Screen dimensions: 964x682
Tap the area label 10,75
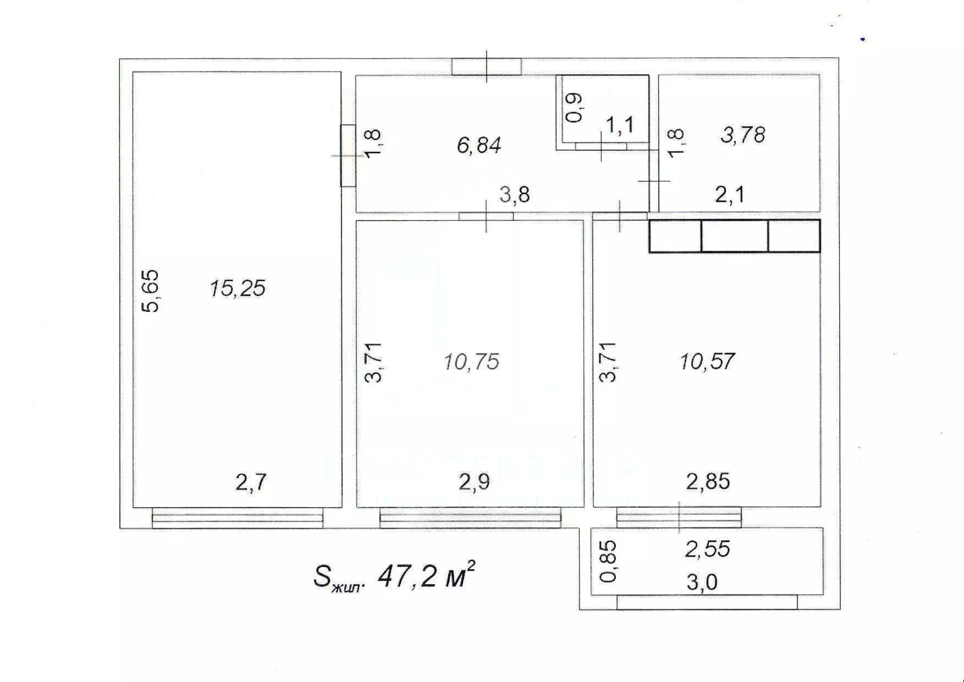pyautogui.click(x=471, y=362)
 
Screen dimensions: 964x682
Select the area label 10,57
pyautogui.click(x=707, y=362)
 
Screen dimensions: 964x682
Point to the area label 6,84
pyautogui.click(x=479, y=145)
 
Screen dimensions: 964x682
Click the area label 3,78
pyautogui.click(x=742, y=135)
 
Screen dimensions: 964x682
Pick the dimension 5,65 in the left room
pyautogui.click(x=150, y=291)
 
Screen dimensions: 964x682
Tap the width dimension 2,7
pyautogui.click(x=251, y=482)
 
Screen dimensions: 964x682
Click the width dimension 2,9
pyautogui.click(x=474, y=482)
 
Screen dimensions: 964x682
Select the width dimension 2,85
pyautogui.click(x=708, y=482)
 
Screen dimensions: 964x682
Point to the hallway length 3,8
pyautogui.click(x=515, y=195)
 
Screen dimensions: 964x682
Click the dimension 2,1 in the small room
pyautogui.click(x=730, y=195)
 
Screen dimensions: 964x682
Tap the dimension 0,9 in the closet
pyautogui.click(x=574, y=108)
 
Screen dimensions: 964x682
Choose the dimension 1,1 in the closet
pyautogui.click(x=620, y=125)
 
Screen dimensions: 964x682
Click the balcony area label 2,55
pyautogui.click(x=707, y=549)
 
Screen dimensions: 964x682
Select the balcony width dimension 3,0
pyautogui.click(x=702, y=582)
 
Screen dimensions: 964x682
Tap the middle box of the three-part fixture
pyautogui.click(x=735, y=236)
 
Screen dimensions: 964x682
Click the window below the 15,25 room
pyautogui.click(x=238, y=518)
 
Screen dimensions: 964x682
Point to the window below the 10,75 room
pyautogui.click(x=470, y=518)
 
